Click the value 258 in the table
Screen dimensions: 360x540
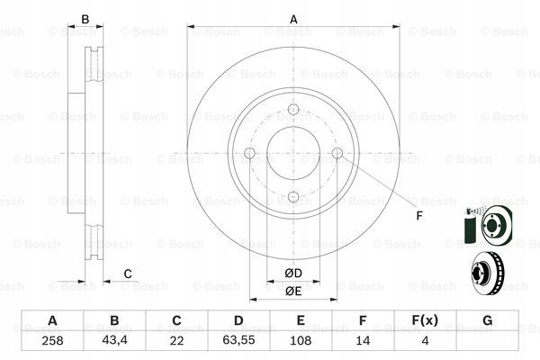(x=52, y=339)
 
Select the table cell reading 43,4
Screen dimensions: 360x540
(x=114, y=339)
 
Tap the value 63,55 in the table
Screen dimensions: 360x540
(x=238, y=339)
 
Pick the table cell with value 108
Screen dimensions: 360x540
(x=301, y=339)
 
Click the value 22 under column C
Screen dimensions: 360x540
(x=176, y=339)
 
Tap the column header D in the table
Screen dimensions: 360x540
(x=238, y=320)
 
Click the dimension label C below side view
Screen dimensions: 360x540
(x=128, y=274)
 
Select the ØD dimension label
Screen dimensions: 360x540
(x=292, y=273)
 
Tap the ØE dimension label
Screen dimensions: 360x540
(x=292, y=290)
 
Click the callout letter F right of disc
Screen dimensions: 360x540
(x=418, y=215)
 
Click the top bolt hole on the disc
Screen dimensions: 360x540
(x=292, y=111)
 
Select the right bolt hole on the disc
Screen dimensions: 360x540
(x=337, y=154)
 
